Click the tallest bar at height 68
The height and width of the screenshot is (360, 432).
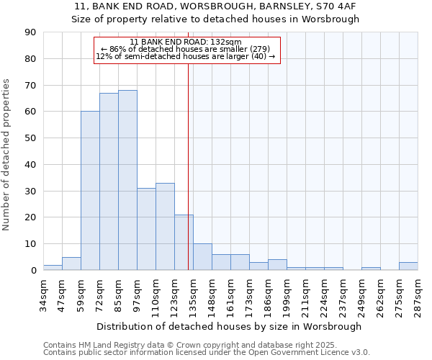(x=127, y=180)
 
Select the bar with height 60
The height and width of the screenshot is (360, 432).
(x=90, y=191)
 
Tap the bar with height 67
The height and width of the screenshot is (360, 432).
(x=109, y=181)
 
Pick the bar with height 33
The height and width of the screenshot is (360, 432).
(x=165, y=227)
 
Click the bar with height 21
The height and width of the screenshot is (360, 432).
(x=184, y=243)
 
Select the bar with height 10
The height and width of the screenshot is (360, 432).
(x=202, y=257)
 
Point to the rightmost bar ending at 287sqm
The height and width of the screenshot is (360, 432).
(x=408, y=266)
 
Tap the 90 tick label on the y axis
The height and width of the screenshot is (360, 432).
(x=30, y=32)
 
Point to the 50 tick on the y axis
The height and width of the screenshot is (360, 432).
(x=30, y=138)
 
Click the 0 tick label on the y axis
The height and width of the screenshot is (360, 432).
(x=33, y=271)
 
